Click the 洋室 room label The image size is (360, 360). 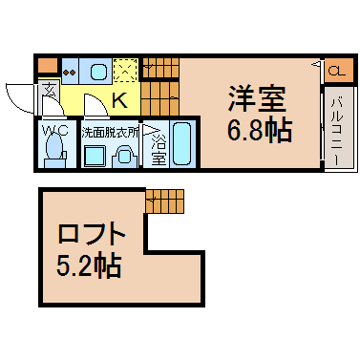[x=257, y=99]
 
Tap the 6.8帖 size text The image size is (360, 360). [x=259, y=131]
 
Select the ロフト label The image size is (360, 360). [x=92, y=234]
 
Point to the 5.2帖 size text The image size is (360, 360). [x=89, y=265]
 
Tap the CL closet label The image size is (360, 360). [x=337, y=71]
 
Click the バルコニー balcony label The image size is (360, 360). [x=338, y=132]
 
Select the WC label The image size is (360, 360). [x=55, y=130]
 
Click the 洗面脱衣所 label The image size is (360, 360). [x=111, y=133]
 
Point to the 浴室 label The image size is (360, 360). [x=159, y=150]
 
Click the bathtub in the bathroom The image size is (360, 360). [x=182, y=144]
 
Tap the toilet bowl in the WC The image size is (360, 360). [x=54, y=147]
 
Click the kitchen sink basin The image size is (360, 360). [x=98, y=72]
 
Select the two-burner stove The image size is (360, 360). [x=70, y=72]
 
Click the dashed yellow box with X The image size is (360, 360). [x=125, y=71]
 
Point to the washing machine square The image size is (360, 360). [x=95, y=155]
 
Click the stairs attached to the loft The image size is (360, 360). [x=165, y=201]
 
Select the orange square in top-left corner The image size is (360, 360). [x=48, y=65]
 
